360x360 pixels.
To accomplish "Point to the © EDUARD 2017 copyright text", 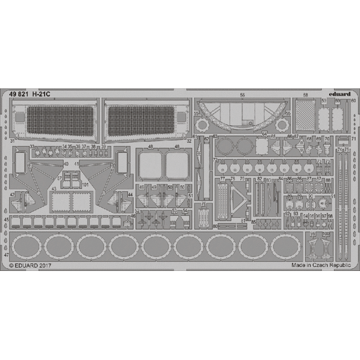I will (30, 266).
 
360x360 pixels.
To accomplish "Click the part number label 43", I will (54, 189).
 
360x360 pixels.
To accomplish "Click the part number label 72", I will (215, 160).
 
